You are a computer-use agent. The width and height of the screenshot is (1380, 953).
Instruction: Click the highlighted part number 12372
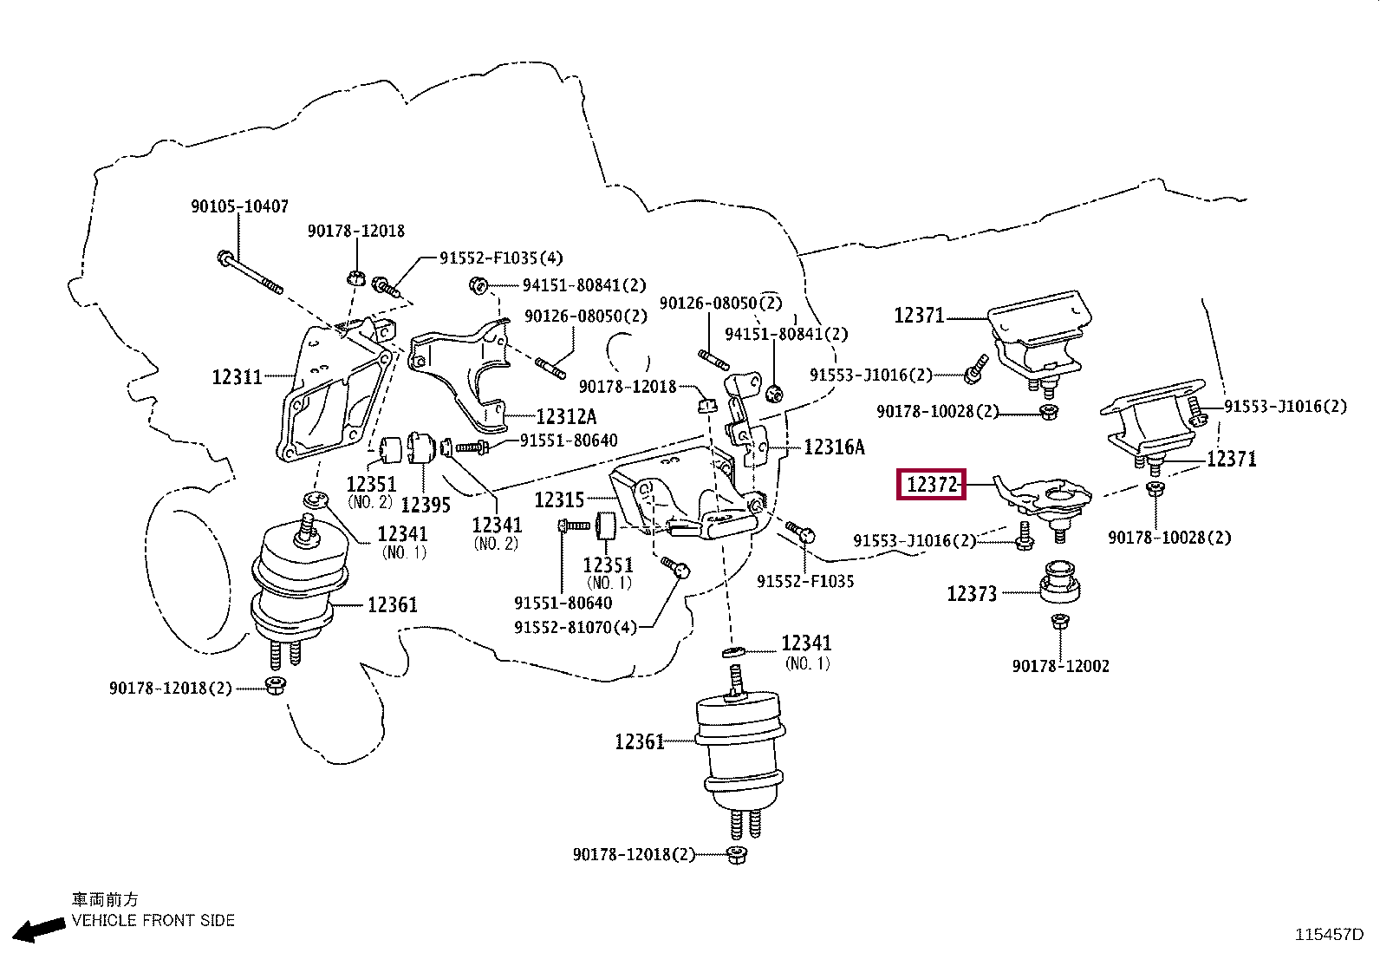(x=932, y=485)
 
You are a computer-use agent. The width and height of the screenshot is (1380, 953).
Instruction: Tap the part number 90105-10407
(x=239, y=206)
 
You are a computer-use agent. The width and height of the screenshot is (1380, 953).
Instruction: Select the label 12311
(x=238, y=376)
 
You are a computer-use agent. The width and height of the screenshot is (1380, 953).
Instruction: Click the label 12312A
(x=566, y=417)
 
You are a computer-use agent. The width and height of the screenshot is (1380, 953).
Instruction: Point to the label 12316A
(x=834, y=447)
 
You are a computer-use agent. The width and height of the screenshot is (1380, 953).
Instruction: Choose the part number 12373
(x=972, y=594)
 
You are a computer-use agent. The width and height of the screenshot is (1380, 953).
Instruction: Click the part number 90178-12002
(x=1061, y=666)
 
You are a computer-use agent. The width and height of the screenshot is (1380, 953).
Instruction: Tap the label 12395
(x=426, y=505)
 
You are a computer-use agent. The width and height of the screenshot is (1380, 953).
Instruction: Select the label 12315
(x=559, y=499)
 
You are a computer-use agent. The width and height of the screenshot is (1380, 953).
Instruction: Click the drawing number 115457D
(x=1330, y=935)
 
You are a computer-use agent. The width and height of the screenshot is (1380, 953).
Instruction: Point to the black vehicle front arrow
(x=39, y=930)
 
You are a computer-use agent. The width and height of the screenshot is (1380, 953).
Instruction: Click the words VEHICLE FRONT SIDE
(x=153, y=920)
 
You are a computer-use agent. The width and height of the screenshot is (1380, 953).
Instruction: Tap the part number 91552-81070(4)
(x=576, y=627)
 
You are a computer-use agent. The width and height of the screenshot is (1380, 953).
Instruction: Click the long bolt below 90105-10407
(x=251, y=272)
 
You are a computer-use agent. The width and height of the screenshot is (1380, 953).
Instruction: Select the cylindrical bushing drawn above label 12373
(x=1059, y=581)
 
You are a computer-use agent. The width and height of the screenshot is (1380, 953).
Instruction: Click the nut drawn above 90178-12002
(x=1060, y=621)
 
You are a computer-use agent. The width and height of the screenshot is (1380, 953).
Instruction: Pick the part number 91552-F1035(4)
(x=502, y=258)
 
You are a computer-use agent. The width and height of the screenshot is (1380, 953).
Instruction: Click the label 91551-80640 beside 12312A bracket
(x=569, y=441)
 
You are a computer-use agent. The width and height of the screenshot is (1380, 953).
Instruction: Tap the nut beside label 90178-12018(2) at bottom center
(x=737, y=855)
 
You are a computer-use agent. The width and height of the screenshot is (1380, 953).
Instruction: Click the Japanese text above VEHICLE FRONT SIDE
(x=105, y=899)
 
